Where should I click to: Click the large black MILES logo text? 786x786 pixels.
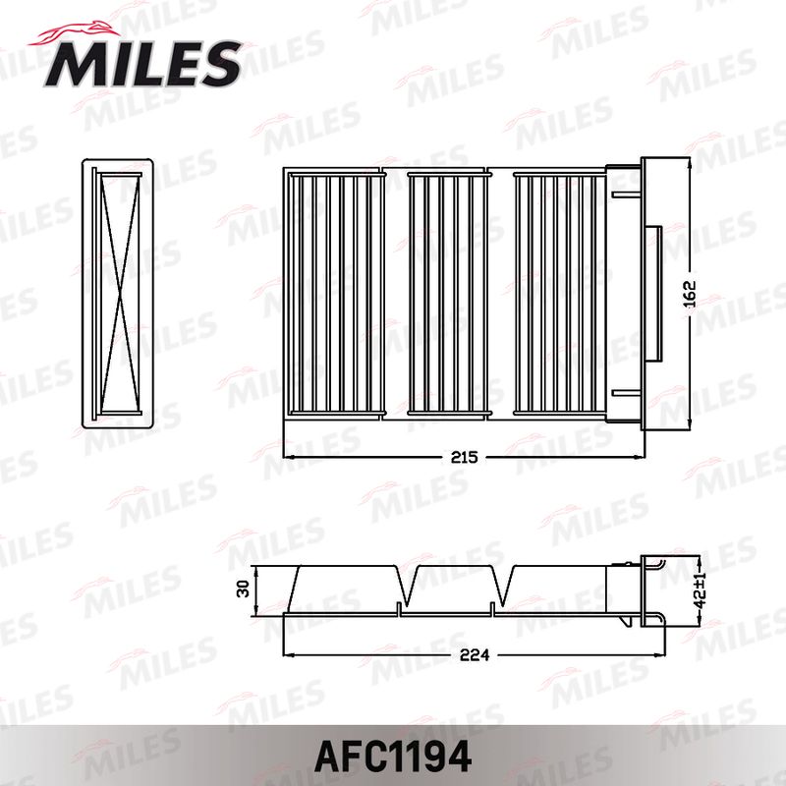143,64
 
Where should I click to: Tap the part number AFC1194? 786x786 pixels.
393,757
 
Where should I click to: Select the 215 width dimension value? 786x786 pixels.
464,457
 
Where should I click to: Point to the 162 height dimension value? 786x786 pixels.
691,294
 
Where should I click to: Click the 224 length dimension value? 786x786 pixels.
475,654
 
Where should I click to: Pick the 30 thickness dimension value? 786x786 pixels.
243,589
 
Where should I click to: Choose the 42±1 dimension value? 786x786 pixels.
701,589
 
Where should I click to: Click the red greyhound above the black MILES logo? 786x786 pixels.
75,34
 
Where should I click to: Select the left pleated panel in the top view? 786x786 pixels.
335,294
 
